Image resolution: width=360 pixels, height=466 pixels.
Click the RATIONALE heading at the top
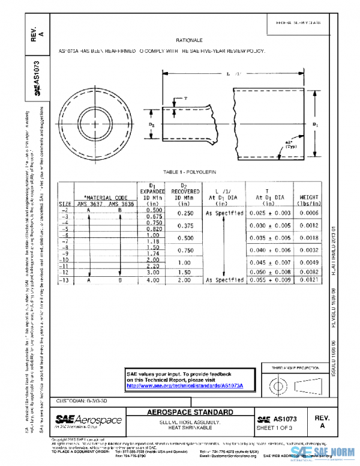coord(187,40)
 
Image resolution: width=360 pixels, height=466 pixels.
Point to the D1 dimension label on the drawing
coord(316,124)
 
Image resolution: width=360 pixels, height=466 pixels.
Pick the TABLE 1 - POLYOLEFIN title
coord(189,172)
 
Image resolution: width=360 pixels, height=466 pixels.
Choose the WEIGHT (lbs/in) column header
coord(306,200)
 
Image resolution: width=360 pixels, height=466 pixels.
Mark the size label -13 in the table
coord(65,280)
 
